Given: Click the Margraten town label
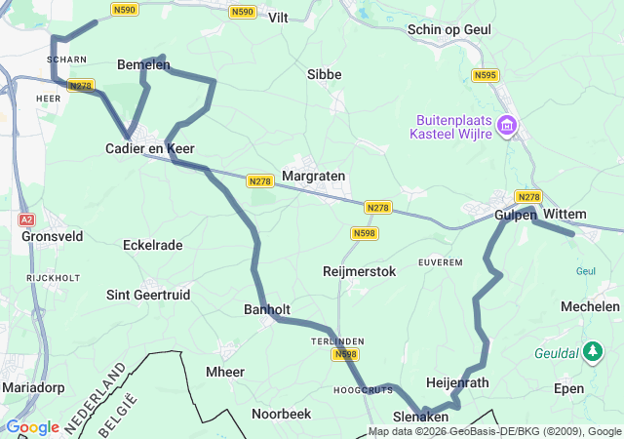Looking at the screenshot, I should tap(313, 176).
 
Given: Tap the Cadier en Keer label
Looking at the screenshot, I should tap(150, 148).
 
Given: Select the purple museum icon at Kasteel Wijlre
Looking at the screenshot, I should tap(506, 126).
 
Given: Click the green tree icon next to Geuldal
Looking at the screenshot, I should tap(592, 352).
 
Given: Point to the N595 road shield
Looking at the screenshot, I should tap(485, 75).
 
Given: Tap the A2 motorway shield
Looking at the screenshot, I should tap(27, 220).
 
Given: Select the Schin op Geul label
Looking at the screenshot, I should tap(449, 30).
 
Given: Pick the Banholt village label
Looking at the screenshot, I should tap(268, 309).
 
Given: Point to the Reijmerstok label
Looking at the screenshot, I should tap(359, 271).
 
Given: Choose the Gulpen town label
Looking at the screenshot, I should tap(516, 215).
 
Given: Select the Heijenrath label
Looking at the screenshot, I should tap(458, 382).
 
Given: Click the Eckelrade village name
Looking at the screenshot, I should tap(152, 245).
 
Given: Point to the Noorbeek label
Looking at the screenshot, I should tap(281, 414).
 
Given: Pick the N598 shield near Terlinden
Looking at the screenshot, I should tap(345, 354).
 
